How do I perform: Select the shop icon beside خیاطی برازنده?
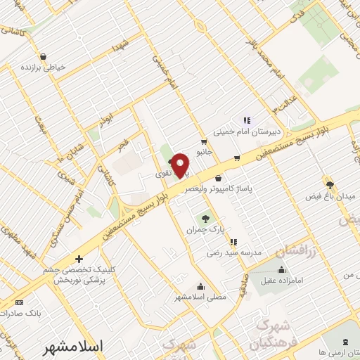44,56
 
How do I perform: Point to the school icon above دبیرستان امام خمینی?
247,120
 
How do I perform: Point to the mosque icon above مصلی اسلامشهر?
201,286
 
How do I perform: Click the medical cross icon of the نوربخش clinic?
79,259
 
